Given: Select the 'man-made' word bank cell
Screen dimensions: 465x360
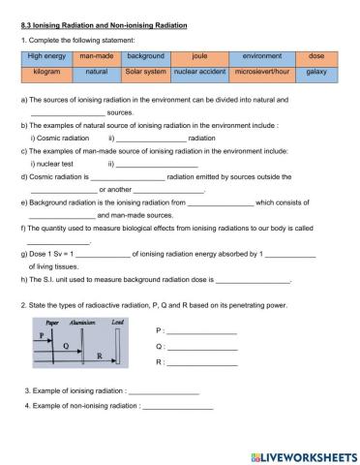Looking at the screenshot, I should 97,57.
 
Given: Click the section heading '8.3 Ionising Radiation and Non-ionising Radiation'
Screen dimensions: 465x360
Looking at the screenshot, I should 104,22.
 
